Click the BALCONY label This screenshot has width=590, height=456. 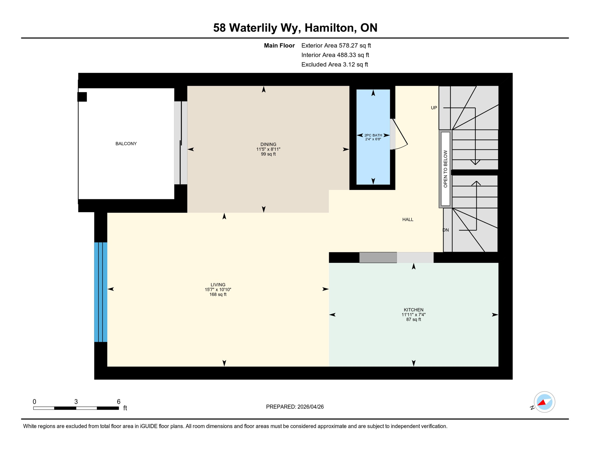pos(126,144)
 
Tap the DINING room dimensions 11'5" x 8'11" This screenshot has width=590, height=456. pos(268,149)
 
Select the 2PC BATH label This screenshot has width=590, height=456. pos(373,135)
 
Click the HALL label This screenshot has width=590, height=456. pos(407,220)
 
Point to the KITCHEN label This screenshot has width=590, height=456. pos(413,310)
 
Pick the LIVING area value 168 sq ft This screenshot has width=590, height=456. pos(218,295)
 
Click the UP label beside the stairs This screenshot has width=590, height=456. pos(434,108)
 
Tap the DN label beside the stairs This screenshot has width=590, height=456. pos(446,230)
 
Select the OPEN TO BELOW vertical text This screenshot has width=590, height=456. pos(445,169)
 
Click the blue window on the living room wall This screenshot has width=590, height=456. pos(101,292)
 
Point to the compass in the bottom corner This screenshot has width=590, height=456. pos(544,402)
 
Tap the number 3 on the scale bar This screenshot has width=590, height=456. pos(76,402)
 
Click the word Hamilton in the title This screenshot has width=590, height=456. pos(330,28)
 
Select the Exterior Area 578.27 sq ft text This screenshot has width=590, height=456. pos(336,46)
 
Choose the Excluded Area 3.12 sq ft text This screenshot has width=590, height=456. pos(334,65)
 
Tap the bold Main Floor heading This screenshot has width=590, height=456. pos(279,46)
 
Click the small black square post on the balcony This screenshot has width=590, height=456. pos(82,97)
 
